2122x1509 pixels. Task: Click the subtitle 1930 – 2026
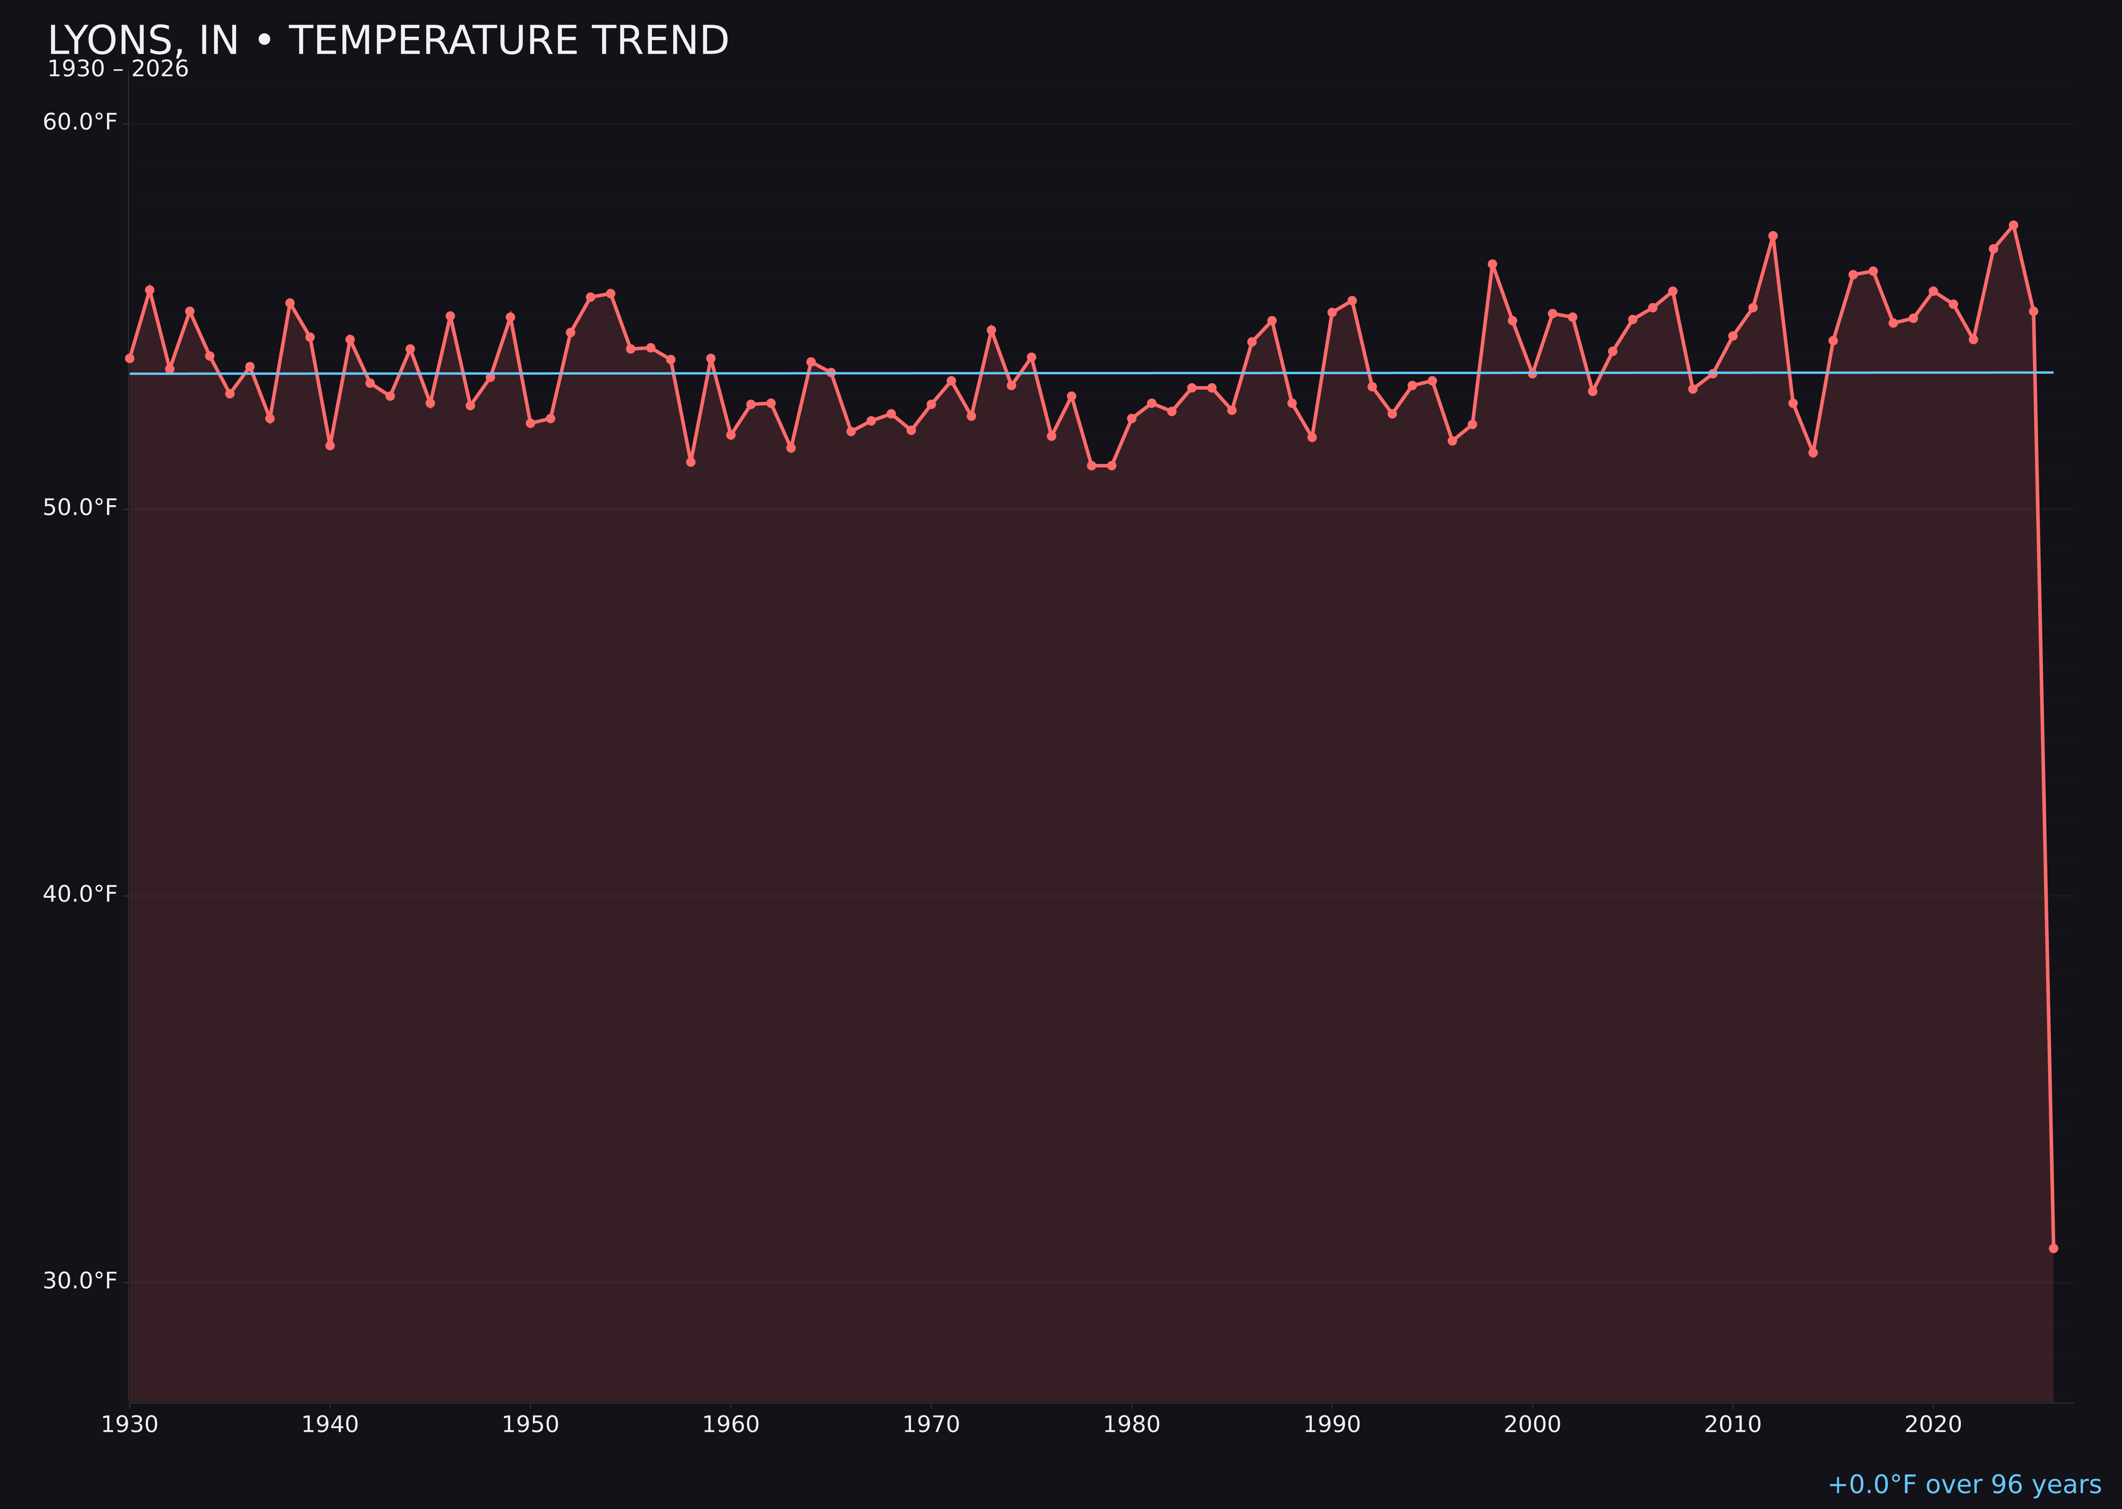(x=118, y=70)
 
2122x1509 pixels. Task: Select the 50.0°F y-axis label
(x=80, y=507)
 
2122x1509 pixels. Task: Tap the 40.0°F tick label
(x=80, y=894)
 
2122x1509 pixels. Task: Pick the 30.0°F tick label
(x=80, y=1280)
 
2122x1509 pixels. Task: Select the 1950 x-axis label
(x=530, y=1425)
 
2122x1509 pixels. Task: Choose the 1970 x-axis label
(x=931, y=1425)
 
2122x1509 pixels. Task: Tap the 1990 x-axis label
(x=1332, y=1425)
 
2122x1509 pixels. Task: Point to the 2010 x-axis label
(x=1733, y=1425)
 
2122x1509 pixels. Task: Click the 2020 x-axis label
(x=1933, y=1425)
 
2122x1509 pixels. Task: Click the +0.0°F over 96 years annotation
(x=1964, y=1485)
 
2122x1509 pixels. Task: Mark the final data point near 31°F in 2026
(x=2053, y=1248)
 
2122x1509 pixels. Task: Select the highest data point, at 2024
(x=2013, y=225)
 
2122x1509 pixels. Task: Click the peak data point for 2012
(x=1773, y=236)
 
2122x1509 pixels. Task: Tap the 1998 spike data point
(x=1492, y=264)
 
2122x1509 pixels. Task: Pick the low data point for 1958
(x=690, y=462)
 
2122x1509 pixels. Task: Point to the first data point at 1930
(x=129, y=358)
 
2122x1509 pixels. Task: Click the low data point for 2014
(x=1813, y=453)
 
